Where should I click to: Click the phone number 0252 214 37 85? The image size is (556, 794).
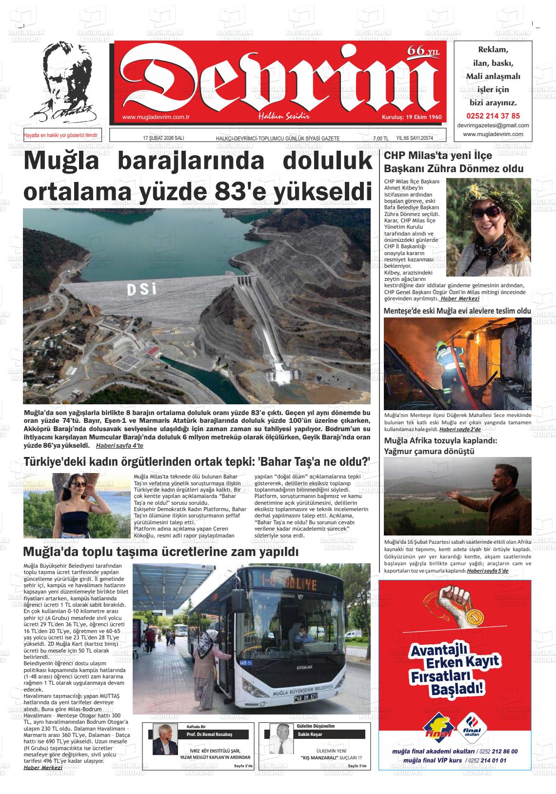click(493, 116)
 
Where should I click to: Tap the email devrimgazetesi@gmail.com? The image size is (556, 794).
click(493, 125)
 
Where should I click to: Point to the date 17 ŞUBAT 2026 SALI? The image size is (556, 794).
click(163, 139)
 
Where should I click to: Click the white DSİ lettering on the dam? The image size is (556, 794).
click(141, 289)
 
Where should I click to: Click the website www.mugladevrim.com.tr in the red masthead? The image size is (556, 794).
click(156, 117)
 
